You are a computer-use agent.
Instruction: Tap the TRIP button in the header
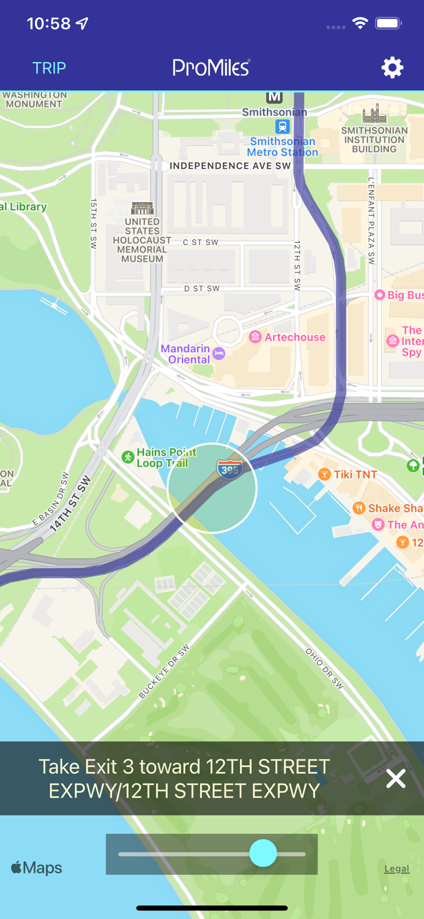point(49,68)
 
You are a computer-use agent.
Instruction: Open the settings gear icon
point(392,67)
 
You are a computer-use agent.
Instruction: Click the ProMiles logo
point(212,67)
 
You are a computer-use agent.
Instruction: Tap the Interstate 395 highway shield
point(229,469)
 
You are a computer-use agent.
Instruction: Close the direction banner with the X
point(396,779)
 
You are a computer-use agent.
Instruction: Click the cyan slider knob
point(263,853)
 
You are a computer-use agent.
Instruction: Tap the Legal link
point(396,868)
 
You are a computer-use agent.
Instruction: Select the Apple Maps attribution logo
point(37,868)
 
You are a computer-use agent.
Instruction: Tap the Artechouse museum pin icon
point(255,337)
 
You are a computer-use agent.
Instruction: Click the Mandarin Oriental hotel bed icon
point(219,354)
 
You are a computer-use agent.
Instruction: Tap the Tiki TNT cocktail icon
point(324,474)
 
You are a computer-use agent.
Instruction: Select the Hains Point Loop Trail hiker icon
point(127,457)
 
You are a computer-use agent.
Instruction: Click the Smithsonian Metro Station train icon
point(282,127)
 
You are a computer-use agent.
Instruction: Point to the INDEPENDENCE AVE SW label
point(230,166)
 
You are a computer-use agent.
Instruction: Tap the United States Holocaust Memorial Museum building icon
point(142,208)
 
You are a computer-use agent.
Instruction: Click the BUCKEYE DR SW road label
point(164,671)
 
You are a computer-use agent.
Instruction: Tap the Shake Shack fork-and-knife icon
point(359,508)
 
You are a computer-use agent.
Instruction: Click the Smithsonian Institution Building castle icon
point(374,114)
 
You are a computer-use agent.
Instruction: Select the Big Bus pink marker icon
point(379,295)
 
